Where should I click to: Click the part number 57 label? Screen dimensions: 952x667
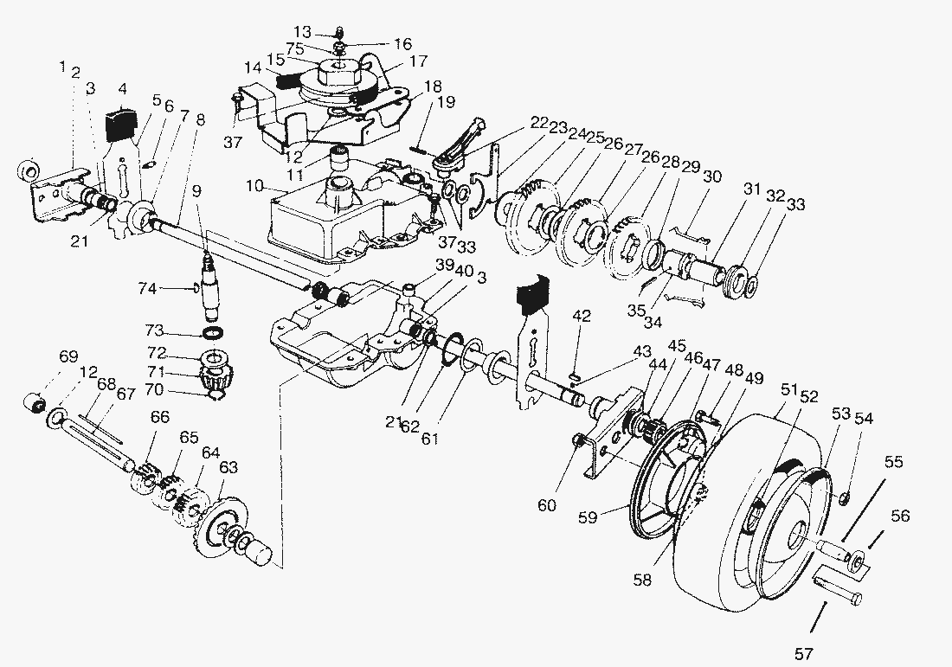(x=803, y=654)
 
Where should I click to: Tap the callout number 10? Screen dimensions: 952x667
(x=255, y=186)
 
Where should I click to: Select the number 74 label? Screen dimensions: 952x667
(x=147, y=288)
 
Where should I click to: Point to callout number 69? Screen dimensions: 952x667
(x=69, y=356)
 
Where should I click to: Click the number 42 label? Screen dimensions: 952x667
(x=582, y=316)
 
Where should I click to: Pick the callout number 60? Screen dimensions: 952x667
(x=547, y=505)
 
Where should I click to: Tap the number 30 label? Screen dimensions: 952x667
(x=712, y=176)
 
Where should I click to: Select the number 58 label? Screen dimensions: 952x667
(x=642, y=580)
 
